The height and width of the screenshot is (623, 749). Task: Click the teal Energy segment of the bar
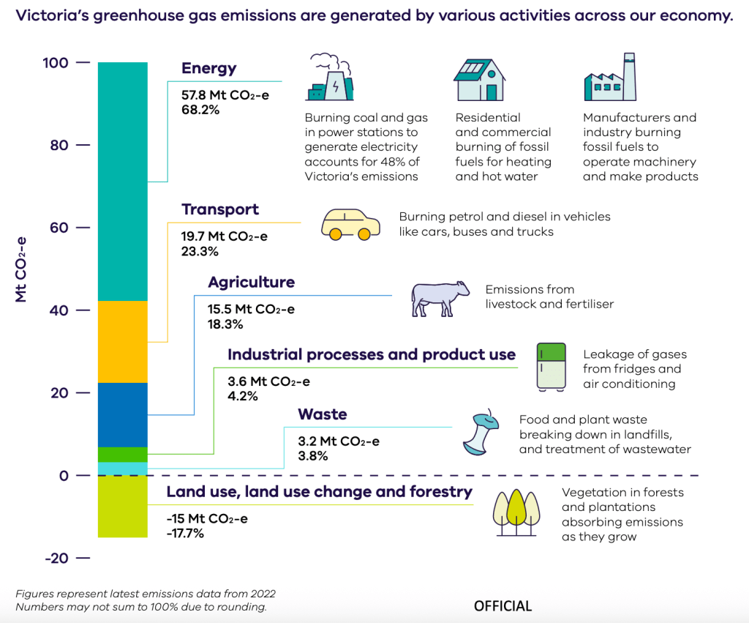coord(122,182)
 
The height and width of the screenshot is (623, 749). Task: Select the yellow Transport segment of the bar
coord(122,342)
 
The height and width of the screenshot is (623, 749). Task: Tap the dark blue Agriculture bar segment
coord(122,414)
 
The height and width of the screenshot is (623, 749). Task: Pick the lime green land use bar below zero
coord(122,507)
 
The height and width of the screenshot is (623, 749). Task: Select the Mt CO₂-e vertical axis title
coord(21,269)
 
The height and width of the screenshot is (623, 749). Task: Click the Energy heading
coord(209,69)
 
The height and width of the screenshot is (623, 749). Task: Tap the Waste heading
coord(323,414)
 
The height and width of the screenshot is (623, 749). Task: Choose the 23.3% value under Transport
coord(199,250)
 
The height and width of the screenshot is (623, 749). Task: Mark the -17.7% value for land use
coord(185,533)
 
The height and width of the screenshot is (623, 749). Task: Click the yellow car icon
coord(351,225)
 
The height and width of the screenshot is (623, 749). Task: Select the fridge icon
coord(552,365)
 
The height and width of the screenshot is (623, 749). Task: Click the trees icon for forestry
coord(516,507)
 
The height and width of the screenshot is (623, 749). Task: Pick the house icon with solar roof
coord(479,80)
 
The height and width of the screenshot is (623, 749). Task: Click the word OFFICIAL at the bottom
coord(503,606)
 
